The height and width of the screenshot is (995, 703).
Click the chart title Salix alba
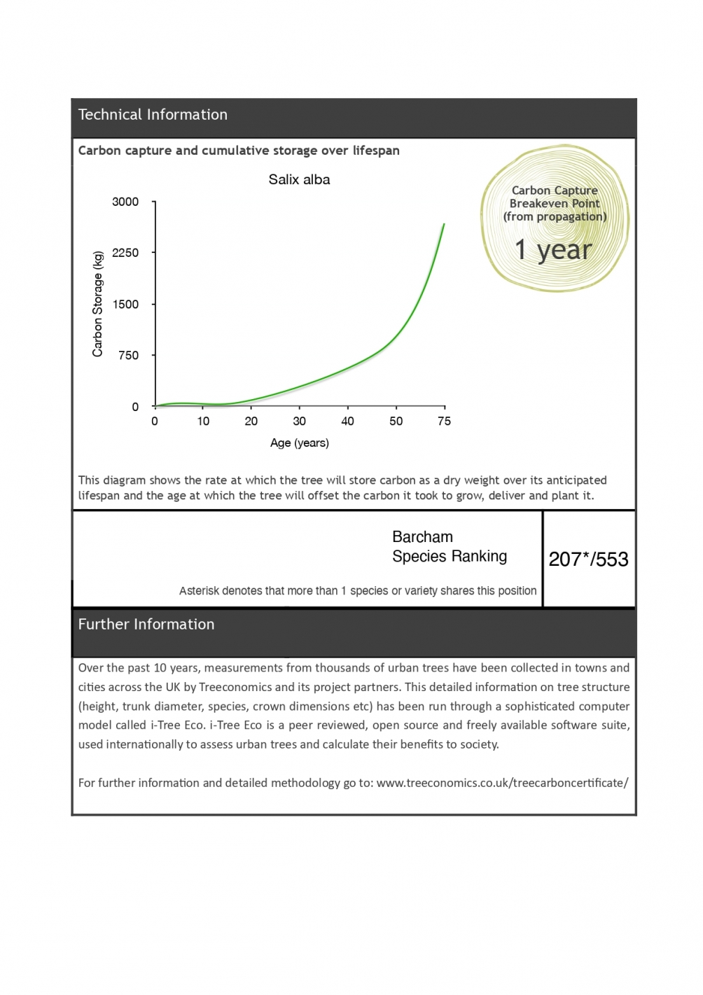click(x=299, y=180)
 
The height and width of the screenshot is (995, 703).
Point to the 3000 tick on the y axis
click(x=125, y=202)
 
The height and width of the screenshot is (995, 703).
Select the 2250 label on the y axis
click(x=125, y=253)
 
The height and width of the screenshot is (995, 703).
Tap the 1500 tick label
click(x=125, y=305)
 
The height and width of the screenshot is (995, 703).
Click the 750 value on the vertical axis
click(x=129, y=356)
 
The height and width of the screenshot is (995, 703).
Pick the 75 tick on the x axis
click(x=444, y=422)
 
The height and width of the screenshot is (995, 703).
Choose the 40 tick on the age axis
click(x=347, y=422)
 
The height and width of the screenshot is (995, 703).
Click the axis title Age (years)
click(x=299, y=443)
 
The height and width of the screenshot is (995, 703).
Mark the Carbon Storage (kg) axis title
click(x=97, y=304)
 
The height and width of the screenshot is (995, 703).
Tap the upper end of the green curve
click(x=443, y=225)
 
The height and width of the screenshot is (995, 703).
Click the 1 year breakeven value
click(x=553, y=250)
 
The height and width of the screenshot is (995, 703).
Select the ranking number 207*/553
click(x=588, y=559)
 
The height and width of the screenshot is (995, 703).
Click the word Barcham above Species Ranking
click(x=422, y=537)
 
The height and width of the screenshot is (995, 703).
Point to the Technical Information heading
click(x=153, y=115)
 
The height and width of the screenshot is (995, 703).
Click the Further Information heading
click(x=146, y=625)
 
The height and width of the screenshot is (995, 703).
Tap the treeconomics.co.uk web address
click(x=502, y=783)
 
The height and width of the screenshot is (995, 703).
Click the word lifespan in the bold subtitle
click(x=376, y=151)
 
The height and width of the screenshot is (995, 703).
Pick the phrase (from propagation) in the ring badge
click(x=555, y=217)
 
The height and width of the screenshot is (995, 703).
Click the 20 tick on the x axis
click(x=251, y=422)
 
